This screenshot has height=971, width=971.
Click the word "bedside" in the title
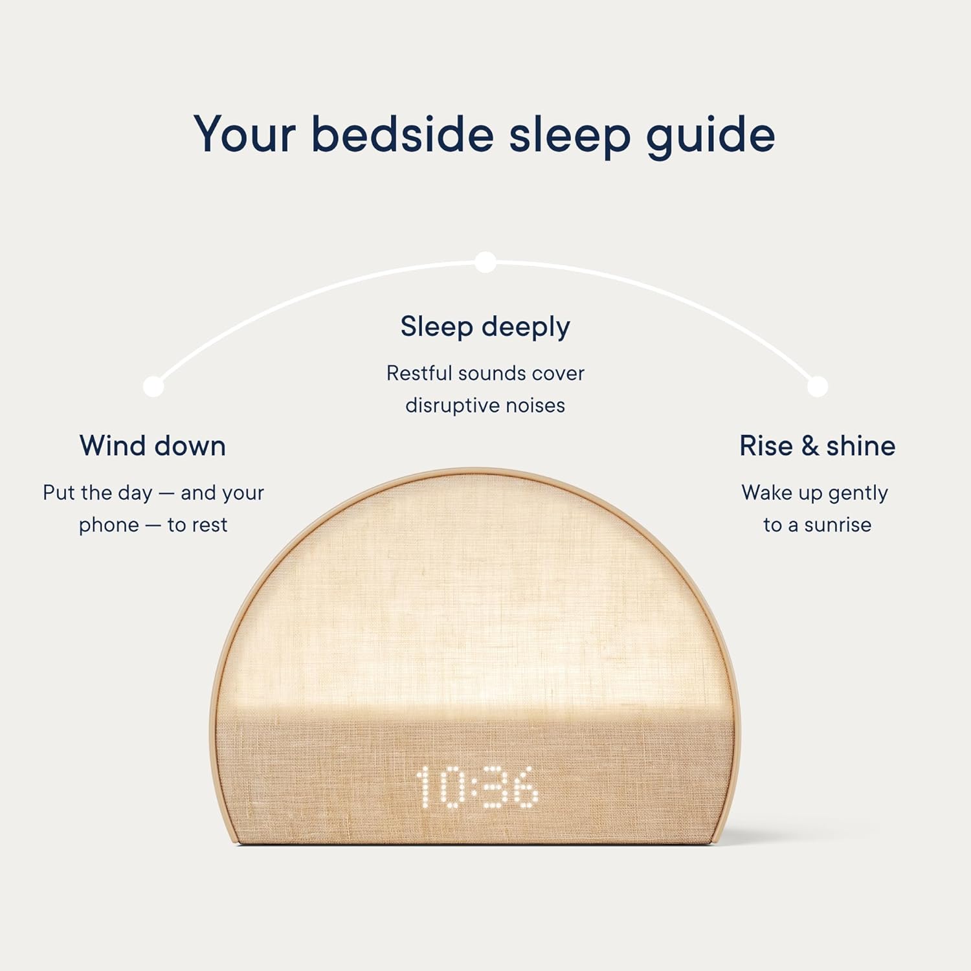tap(402, 134)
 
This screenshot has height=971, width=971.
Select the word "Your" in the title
tap(245, 135)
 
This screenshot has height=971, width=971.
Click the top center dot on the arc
tap(485, 262)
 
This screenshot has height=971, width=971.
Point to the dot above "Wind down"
tap(153, 386)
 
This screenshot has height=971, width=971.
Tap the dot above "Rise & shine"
tap(818, 386)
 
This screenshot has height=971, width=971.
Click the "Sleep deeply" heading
tap(485, 327)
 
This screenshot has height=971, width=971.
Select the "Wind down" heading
tap(153, 446)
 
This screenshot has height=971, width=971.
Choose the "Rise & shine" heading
tap(818, 446)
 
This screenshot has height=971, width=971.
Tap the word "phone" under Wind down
tap(109, 526)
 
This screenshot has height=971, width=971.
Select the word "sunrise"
tap(838, 525)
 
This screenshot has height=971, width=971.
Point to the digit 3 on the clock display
tap(495, 787)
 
